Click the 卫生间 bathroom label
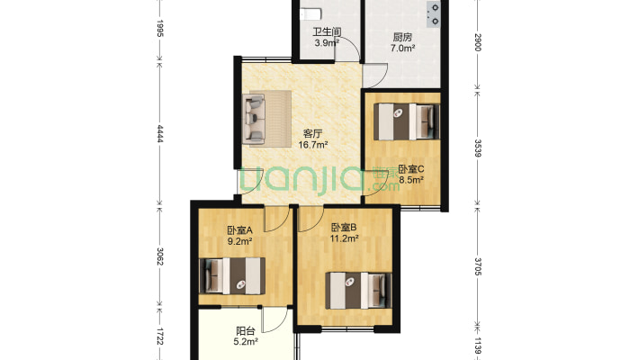coord(326,31)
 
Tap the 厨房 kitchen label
coord(402,37)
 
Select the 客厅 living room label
coord(313,132)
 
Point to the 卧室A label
coord(240,229)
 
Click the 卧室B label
coord(345,227)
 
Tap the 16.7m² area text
coord(313,144)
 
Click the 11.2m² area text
coord(345,238)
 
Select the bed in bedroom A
coord(233,275)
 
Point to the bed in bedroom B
coord(359,289)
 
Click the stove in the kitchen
coord(434,13)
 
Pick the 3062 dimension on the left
coord(160,256)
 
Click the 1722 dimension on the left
coord(160,337)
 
